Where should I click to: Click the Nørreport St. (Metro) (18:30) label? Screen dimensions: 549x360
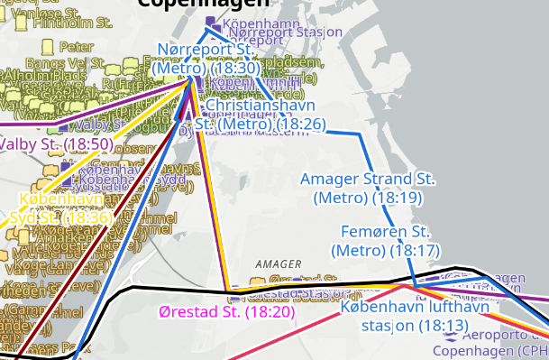(207, 58)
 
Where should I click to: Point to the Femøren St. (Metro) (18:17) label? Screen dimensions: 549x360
(385, 241)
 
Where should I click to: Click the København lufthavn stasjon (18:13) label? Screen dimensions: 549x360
(416, 316)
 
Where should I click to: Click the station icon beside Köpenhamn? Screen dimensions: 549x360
(211, 20)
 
